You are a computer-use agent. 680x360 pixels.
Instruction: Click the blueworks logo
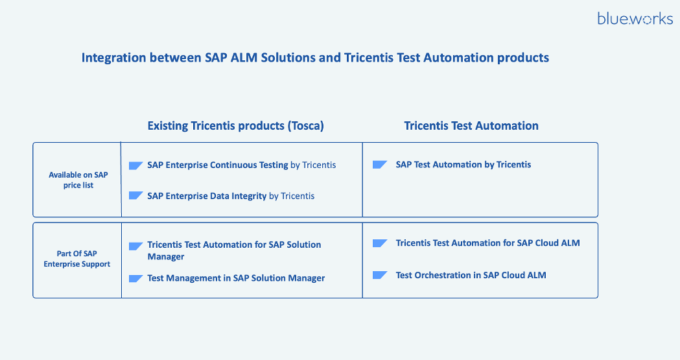(x=635, y=19)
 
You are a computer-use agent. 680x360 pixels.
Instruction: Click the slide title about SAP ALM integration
(x=315, y=58)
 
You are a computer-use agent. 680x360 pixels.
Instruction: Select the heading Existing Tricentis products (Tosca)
(x=235, y=126)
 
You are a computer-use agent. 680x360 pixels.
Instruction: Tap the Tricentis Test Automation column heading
(x=471, y=126)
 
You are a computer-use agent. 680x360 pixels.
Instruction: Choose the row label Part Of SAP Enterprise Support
(x=77, y=259)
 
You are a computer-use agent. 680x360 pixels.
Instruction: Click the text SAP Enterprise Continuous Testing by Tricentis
(x=241, y=165)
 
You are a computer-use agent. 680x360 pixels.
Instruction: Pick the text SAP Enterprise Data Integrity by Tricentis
(x=231, y=196)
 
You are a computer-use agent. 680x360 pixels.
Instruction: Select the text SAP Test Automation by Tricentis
(x=463, y=165)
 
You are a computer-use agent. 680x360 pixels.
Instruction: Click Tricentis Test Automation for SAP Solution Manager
(x=234, y=250)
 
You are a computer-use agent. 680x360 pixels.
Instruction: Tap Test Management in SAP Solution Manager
(x=236, y=278)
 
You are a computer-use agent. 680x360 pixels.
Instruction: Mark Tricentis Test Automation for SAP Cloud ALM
(x=487, y=243)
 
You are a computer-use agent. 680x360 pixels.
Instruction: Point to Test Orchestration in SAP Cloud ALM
(x=471, y=275)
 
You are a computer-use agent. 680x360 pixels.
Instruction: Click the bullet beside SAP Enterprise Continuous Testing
(x=135, y=165)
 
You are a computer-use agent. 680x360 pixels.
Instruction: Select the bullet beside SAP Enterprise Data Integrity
(x=135, y=196)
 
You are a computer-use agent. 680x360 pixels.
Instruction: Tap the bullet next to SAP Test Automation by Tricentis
(x=380, y=165)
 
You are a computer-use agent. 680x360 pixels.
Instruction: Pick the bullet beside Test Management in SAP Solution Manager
(x=135, y=279)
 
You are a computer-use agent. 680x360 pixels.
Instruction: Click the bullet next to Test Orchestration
(x=380, y=276)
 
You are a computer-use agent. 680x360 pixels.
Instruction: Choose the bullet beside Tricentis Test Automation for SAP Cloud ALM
(x=380, y=243)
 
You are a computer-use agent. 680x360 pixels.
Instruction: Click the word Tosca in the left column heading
(x=305, y=126)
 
